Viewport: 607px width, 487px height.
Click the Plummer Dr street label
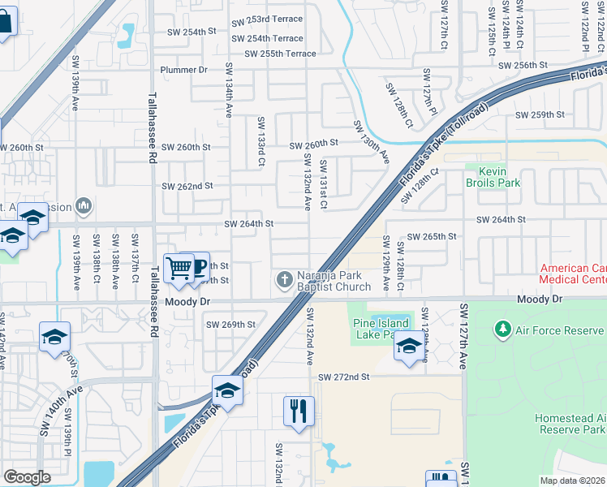coord(184,71)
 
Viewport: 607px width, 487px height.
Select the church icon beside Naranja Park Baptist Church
coord(284,280)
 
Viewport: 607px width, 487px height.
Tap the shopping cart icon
coord(179,267)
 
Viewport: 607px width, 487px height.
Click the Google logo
coord(26,477)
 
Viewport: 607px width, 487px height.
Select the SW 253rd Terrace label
coord(267,19)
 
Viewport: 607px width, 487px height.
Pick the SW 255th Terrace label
coord(273,54)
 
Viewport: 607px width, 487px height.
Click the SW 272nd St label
coord(343,377)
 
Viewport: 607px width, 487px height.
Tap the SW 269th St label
coord(230,325)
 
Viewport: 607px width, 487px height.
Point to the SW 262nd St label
coord(187,186)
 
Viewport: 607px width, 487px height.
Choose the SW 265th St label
coord(432,236)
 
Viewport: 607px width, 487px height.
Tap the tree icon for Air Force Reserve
coord(502,330)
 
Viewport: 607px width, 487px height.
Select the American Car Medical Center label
coord(573,274)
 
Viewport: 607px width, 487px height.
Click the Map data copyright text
coord(572,481)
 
